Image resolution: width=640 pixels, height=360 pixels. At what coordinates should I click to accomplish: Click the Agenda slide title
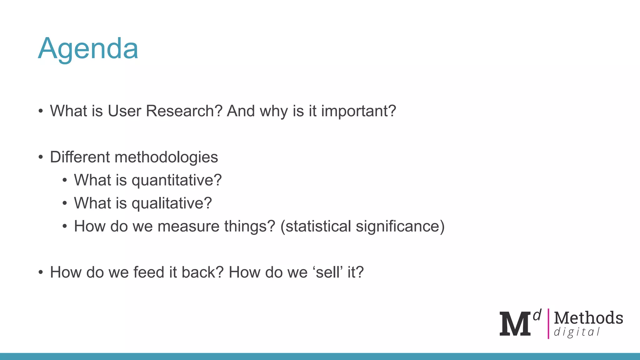click(88, 49)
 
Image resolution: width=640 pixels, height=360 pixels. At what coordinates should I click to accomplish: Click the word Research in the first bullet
click(184, 111)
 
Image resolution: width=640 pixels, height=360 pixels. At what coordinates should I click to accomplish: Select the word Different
click(80, 157)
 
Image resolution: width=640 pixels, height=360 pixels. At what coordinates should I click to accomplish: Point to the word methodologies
click(166, 157)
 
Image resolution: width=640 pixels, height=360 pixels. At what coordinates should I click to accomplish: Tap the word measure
click(188, 226)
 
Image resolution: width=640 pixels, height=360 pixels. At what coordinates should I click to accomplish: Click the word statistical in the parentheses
click(318, 226)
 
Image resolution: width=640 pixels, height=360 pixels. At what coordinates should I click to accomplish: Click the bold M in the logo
click(515, 324)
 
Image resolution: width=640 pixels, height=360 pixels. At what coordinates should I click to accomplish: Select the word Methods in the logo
click(588, 318)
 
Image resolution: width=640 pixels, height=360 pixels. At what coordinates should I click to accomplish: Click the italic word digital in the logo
click(577, 332)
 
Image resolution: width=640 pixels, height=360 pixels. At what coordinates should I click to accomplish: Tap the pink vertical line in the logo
click(548, 324)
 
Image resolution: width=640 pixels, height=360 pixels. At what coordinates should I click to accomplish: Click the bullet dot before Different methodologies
click(41, 157)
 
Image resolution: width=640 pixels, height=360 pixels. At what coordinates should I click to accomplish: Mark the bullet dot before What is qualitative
click(65, 203)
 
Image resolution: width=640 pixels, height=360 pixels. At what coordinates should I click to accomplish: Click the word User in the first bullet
click(124, 111)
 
